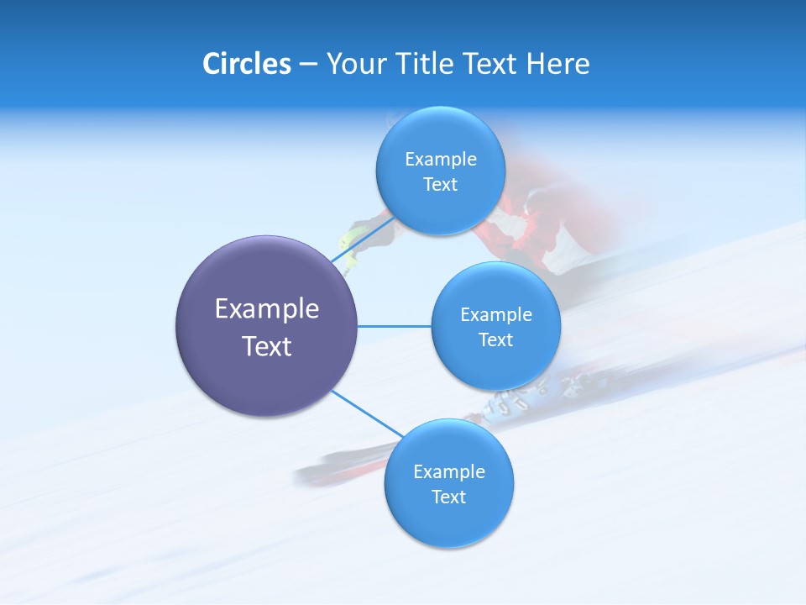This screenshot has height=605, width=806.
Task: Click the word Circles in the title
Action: coord(246,64)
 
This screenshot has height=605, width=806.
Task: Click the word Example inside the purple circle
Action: coord(266,308)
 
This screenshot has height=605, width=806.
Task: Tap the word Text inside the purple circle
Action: coord(266,346)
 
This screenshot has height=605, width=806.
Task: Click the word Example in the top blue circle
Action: coord(440,159)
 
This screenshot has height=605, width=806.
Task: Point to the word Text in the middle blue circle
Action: coord(495,339)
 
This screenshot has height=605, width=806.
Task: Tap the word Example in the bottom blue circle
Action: coord(448,471)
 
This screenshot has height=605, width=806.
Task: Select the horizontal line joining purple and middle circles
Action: coord(394,326)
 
